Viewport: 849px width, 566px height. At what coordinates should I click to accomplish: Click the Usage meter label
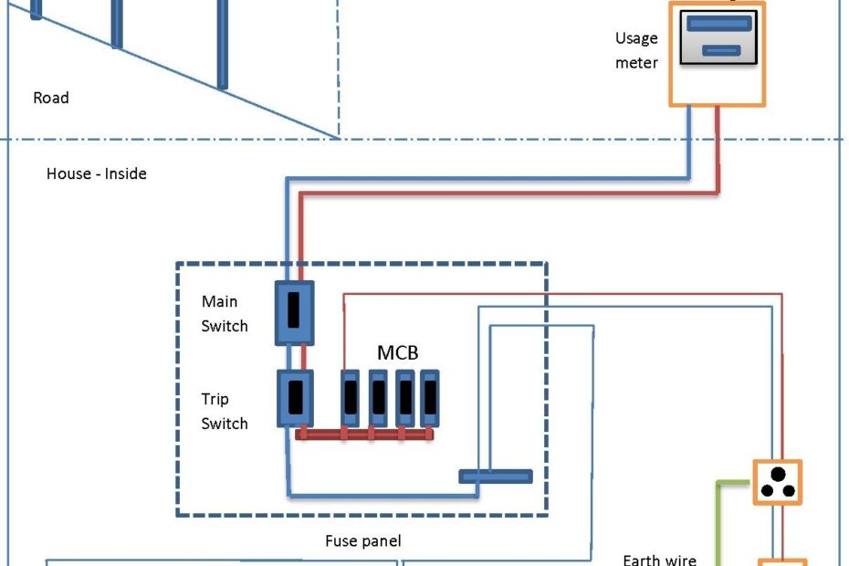coord(636,51)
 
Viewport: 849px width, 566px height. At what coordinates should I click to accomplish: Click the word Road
coord(50,98)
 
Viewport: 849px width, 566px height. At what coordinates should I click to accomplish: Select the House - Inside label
coord(96,173)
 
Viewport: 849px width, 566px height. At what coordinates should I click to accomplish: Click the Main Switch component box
coord(294,312)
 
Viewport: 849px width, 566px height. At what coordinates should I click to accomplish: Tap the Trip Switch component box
coord(295,399)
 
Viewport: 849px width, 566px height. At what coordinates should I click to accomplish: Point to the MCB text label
coord(398,352)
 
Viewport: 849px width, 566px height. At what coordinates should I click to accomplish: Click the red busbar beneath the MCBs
coord(365,435)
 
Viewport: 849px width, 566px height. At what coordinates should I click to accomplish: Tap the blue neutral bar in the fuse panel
coord(495,476)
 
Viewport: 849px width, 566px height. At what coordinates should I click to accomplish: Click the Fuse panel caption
coord(362,541)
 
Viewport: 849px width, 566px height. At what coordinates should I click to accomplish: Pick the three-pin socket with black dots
coord(777,483)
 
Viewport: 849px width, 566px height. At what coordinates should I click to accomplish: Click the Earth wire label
coord(659,560)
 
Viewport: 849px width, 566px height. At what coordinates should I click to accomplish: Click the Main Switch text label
coord(224,313)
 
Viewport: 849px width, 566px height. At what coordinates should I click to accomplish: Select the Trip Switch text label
coord(224,411)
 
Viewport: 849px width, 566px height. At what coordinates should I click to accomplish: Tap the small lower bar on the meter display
coord(720,51)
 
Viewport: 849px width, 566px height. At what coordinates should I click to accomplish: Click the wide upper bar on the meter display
coord(717,24)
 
